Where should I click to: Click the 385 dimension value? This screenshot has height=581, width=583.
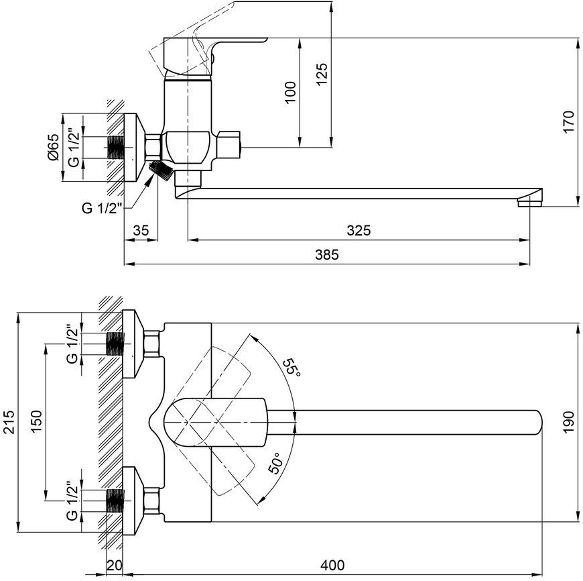[327, 254]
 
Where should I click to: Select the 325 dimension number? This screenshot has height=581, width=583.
[359, 230]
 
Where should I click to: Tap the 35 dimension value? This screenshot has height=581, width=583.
[141, 230]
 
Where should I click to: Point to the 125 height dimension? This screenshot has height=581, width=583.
[322, 74]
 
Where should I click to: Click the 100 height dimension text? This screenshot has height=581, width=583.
[290, 93]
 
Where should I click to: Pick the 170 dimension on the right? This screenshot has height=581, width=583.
[568, 121]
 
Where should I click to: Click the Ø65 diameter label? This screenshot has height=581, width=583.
[53, 148]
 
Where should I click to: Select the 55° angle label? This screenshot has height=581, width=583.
[291, 367]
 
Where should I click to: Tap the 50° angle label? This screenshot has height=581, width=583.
[276, 463]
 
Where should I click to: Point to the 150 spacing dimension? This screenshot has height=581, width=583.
[36, 422]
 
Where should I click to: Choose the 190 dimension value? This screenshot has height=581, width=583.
[568, 423]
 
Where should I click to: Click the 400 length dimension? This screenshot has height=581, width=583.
[332, 565]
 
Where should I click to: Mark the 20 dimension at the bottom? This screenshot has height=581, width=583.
[115, 565]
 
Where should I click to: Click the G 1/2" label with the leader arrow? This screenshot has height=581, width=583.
[102, 208]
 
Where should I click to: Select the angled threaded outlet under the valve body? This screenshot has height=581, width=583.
[161, 170]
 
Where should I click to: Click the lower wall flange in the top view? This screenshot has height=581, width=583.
[133, 501]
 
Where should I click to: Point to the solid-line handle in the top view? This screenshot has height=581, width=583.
[216, 422]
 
